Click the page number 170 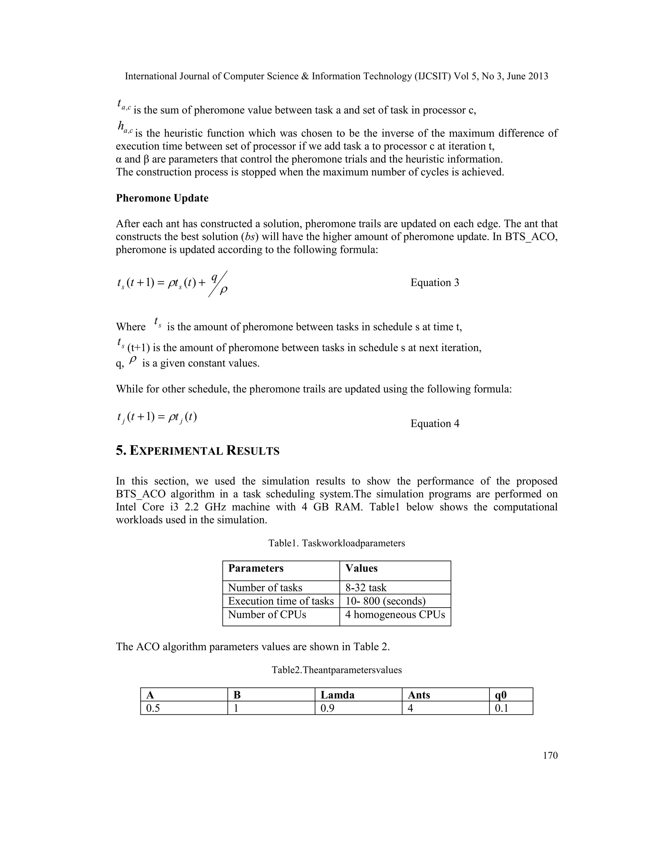[550, 755]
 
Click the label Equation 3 [434, 283]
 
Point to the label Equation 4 [434, 424]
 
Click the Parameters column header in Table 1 [256, 568]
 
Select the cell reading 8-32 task [366, 588]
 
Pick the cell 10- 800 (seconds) [385, 601]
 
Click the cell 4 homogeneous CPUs [395, 614]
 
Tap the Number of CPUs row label [267, 614]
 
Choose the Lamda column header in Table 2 [337, 695]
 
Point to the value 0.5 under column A [153, 708]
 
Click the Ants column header [419, 695]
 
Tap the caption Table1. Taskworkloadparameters [337, 543]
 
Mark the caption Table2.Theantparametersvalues [337, 670]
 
